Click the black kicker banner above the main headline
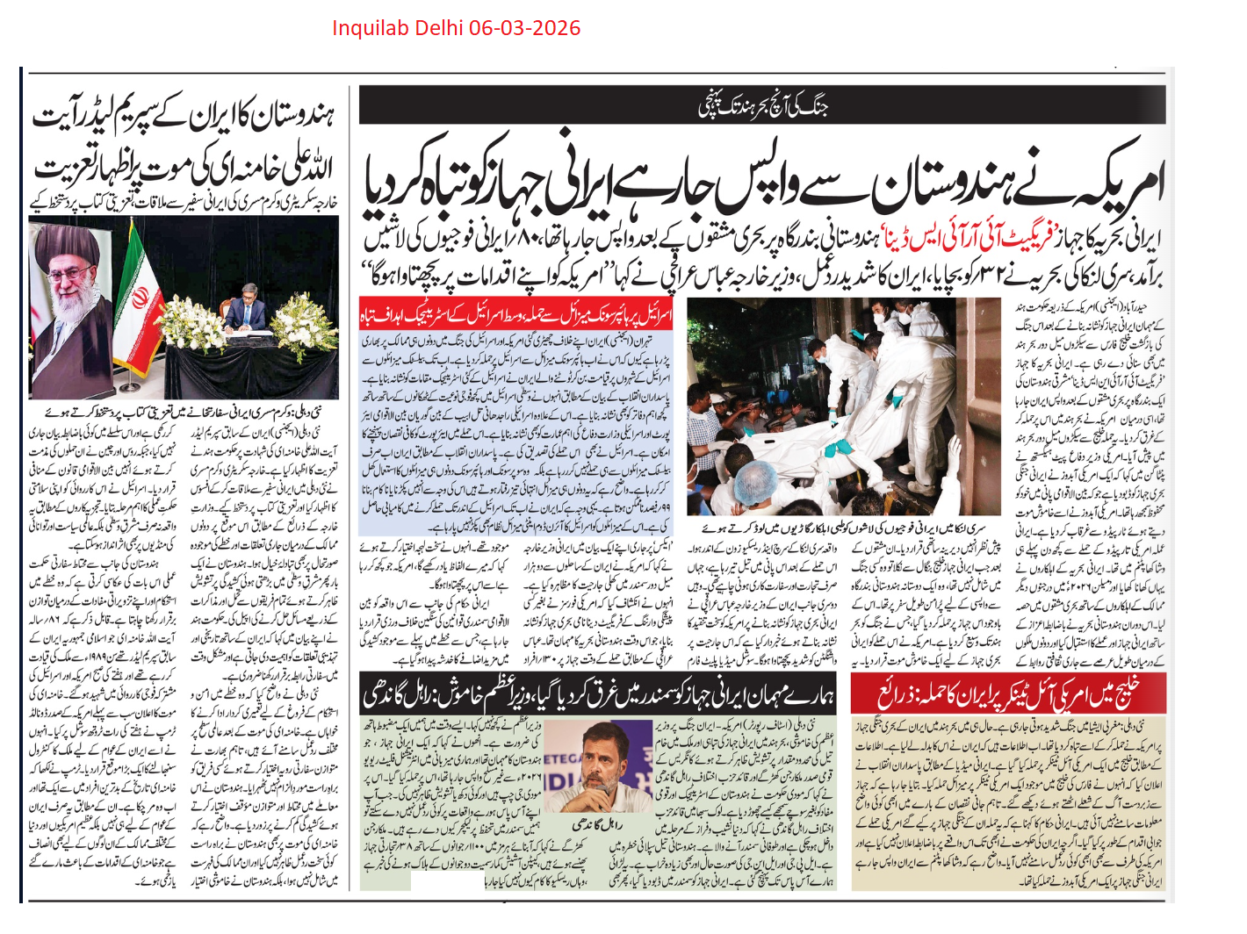tap(762, 104)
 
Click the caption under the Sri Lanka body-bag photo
tap(844, 528)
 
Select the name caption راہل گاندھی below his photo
tap(596, 824)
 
